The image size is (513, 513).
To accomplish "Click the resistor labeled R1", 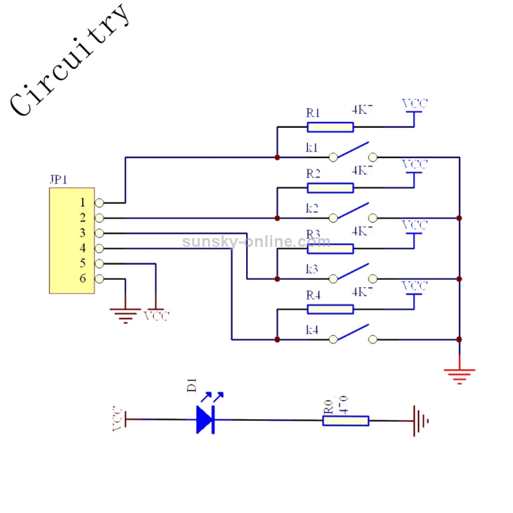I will pos(330,127).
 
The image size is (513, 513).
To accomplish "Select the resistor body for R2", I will pos(330,187).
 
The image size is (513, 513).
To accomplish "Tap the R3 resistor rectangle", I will pos(330,248).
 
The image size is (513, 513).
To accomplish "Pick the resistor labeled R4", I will pos(330,309).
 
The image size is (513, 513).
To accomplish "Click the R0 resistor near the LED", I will pos(345,421).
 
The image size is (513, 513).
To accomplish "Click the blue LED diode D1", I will pos(206,419).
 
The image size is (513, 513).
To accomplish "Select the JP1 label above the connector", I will pos(58,180).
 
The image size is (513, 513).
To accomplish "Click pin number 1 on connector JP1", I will pos(83,202).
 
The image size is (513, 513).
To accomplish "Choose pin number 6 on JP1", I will pos(83,278).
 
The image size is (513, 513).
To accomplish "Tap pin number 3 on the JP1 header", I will pos(83,233).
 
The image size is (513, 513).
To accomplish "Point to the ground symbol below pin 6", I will pos(124,314).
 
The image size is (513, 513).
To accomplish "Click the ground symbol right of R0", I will pos(421,420).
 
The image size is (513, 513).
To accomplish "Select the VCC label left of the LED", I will pos(118,419).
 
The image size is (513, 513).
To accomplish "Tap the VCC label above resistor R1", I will pos(415,105).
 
